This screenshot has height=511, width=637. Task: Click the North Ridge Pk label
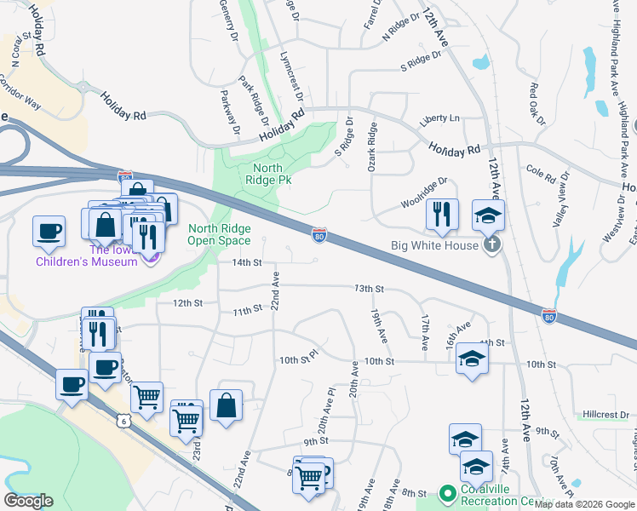coord(267,174)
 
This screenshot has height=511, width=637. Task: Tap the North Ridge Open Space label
coord(221,234)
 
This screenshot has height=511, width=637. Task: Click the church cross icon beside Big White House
coord(491,246)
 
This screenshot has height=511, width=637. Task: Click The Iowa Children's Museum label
coord(86,255)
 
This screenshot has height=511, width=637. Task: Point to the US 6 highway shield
coord(124,421)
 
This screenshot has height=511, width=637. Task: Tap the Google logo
coord(28,501)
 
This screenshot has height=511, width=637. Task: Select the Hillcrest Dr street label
coord(605,415)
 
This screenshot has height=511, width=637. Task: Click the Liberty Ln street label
coord(439,118)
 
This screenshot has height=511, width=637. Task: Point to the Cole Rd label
coord(541,173)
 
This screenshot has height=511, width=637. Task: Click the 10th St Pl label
coord(298,361)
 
